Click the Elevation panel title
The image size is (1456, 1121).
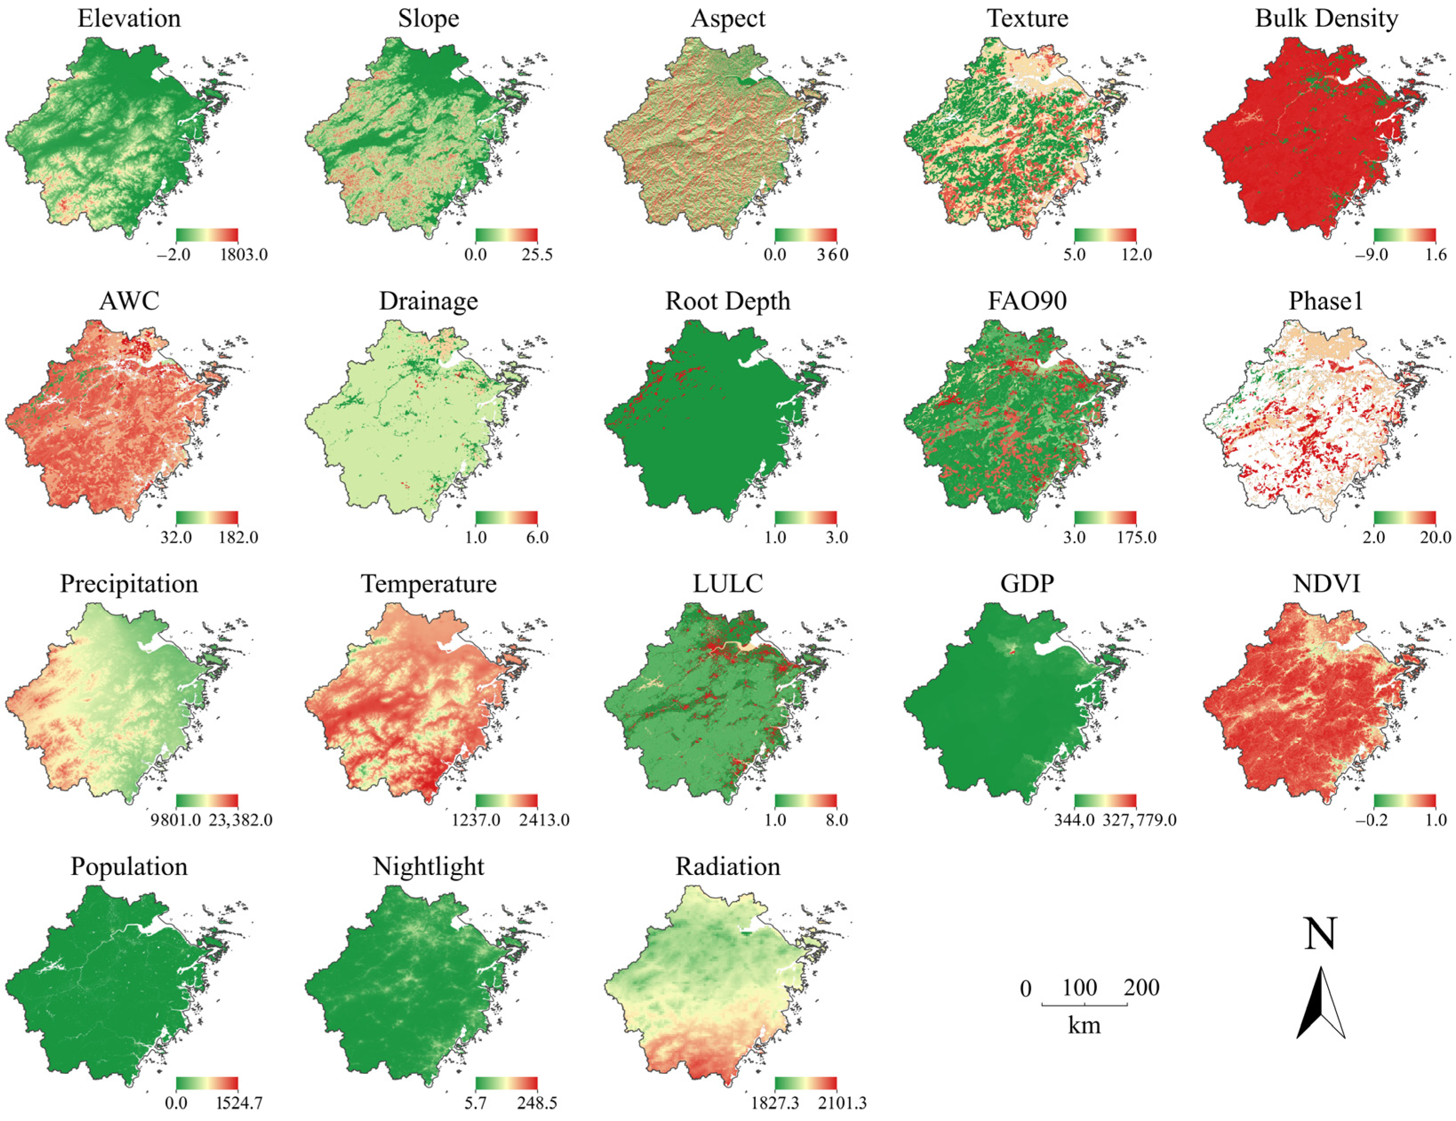tap(129, 18)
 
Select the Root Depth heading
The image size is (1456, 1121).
tap(727, 301)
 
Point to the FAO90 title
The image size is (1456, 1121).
tap(1027, 301)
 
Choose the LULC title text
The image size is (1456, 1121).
tap(727, 584)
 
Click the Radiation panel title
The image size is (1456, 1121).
tap(727, 867)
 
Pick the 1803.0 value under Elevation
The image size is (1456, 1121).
tap(243, 254)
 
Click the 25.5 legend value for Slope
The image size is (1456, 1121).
tap(537, 254)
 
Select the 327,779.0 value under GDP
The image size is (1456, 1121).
tap(1139, 820)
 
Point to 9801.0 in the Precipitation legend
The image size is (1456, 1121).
tap(176, 820)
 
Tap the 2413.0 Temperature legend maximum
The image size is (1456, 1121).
tap(544, 820)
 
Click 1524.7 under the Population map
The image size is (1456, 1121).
tap(239, 1103)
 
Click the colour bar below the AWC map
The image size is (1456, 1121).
tap(207, 518)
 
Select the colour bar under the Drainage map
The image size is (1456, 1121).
tap(506, 518)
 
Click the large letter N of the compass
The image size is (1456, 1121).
tap(1320, 934)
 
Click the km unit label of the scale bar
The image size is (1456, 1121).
tap(1084, 1026)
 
